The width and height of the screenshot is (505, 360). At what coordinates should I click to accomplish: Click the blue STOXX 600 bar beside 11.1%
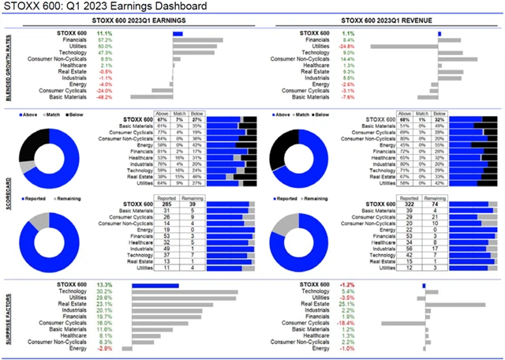click(178, 33)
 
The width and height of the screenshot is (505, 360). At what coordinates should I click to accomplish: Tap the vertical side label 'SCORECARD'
click(8, 194)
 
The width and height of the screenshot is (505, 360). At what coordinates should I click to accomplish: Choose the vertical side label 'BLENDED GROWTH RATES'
click(8, 67)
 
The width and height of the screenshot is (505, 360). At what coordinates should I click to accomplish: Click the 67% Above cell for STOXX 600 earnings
click(161, 119)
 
